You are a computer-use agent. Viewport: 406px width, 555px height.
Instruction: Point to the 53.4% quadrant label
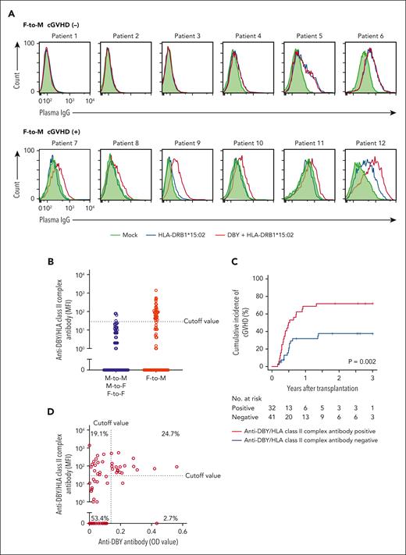(x=99, y=518)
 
